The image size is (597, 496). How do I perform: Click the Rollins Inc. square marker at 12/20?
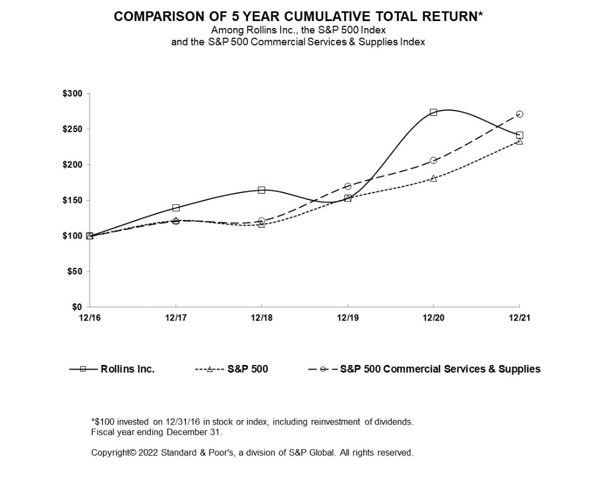pos(433,112)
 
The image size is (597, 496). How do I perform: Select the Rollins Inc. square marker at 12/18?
pos(261,190)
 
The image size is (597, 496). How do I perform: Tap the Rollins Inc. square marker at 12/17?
pos(175,208)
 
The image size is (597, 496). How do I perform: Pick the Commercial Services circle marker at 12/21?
pos(519,114)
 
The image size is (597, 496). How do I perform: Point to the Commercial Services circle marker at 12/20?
pos(433,160)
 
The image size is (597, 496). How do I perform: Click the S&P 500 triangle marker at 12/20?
pos(433,178)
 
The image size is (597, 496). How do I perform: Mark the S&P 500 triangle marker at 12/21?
pos(519,141)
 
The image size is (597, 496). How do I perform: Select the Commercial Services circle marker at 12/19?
pos(347,186)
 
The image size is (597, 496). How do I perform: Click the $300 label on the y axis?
pos(73,94)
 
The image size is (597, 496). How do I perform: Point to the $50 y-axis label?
pos(75,271)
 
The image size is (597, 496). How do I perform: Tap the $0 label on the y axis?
pos(77,307)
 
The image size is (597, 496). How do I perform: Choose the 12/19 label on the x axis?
pos(347,318)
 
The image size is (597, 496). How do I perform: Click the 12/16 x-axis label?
pos(89,318)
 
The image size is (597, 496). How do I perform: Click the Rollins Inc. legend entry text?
pos(127,369)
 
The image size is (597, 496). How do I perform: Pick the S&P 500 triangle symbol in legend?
pos(209,369)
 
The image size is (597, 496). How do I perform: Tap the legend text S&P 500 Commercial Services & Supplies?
pos(440,369)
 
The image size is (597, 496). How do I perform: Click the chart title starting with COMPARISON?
pos(298,16)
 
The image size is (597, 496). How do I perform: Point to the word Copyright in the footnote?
pos(113,453)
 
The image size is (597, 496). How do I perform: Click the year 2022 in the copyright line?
pos(149,453)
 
